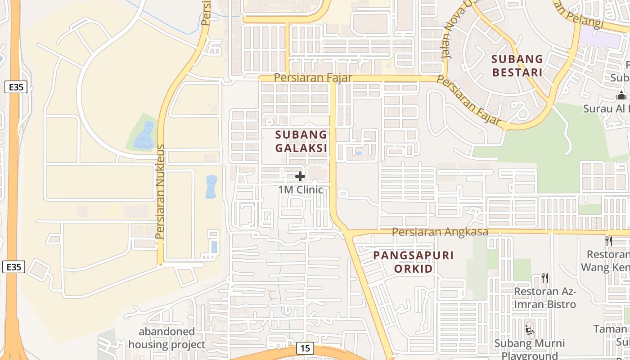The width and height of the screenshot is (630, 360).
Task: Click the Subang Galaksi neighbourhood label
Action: tap(301, 141)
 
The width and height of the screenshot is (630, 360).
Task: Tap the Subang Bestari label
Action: tap(517, 65)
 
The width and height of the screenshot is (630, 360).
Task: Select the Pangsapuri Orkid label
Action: tap(413, 262)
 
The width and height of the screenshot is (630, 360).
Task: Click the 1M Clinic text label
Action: tap(301, 189)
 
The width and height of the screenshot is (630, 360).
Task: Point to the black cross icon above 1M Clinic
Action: tap(300, 176)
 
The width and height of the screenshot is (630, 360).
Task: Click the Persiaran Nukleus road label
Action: tap(159, 192)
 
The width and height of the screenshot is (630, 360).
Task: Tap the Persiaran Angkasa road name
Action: tap(440, 232)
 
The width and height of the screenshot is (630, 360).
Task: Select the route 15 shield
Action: tap(305, 348)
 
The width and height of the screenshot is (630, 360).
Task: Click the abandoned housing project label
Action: tap(166, 338)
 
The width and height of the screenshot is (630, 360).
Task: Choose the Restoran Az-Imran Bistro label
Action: tap(545, 298)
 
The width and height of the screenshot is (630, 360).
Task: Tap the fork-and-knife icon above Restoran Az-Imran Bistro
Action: tap(545, 278)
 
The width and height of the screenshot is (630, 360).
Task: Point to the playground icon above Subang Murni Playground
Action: tap(530, 330)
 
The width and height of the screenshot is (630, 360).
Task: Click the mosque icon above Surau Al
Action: tap(621, 95)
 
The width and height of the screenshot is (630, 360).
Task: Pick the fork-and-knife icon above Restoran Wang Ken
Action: tap(608, 241)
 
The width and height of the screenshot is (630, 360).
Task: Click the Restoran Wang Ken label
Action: tap(605, 261)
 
